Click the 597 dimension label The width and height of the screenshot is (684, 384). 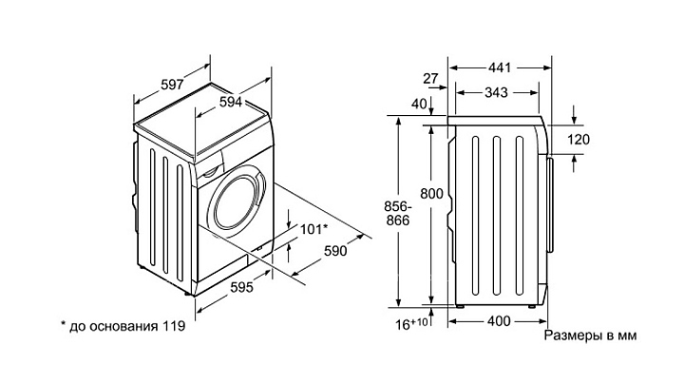[x=172, y=85]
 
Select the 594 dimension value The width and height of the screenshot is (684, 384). [x=230, y=102]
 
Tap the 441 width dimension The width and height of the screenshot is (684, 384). [x=500, y=67]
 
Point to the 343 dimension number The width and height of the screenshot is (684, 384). [x=497, y=92]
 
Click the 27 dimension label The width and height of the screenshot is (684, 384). [x=430, y=79]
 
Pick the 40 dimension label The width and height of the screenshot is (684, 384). [x=419, y=104]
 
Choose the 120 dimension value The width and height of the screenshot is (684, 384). [x=579, y=139]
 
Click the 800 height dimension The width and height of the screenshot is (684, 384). [x=431, y=193]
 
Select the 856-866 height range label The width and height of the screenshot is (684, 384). [x=398, y=213]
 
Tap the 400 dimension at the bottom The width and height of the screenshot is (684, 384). [x=499, y=321]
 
